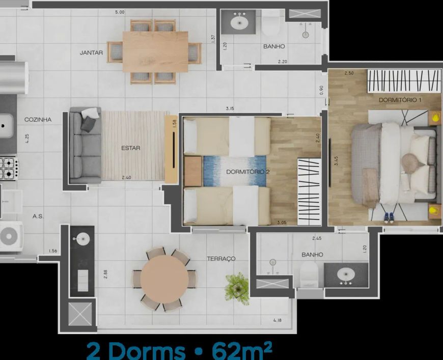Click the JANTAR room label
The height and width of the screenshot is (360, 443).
91,52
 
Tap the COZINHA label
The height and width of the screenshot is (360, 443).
38,120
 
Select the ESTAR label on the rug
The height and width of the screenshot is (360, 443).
130,148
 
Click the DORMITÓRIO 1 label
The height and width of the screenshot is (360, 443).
400,100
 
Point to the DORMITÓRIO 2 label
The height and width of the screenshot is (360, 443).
248,172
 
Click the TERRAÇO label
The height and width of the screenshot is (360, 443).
221,259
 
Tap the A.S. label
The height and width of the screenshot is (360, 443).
38,216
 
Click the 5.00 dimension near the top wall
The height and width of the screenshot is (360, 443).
120,12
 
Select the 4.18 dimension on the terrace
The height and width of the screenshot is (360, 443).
278,320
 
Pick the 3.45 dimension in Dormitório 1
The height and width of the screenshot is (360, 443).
336,161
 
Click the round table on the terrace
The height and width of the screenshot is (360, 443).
164,279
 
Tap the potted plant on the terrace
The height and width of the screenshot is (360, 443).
237,288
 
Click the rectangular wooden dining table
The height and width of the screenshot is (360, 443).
155,52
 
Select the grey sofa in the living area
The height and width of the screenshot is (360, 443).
85,145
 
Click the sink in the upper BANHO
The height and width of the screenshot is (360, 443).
239,22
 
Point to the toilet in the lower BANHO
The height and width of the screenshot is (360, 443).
309,274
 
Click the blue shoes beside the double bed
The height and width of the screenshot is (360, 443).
389,217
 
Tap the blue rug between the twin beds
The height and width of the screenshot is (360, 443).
235,171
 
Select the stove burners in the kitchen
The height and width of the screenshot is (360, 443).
9,168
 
